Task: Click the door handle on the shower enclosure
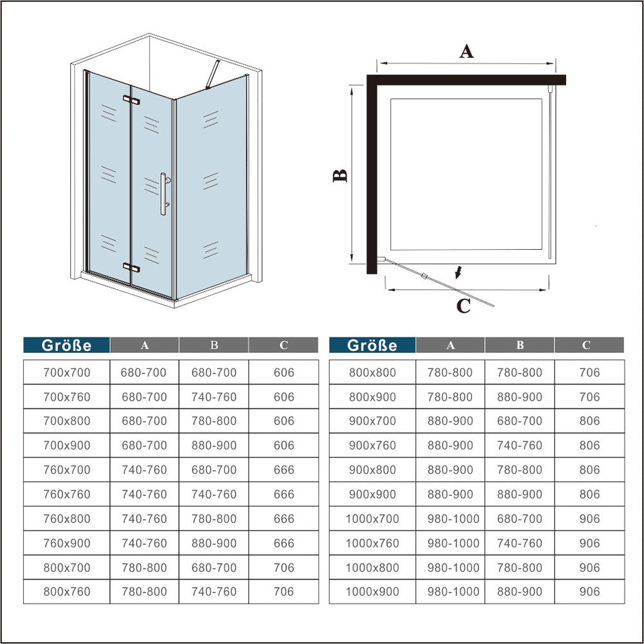tap(164, 193)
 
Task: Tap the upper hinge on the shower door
tap(131, 99)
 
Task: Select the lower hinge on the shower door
tap(131, 267)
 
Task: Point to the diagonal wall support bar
tap(213, 74)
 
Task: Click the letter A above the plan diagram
tap(466, 52)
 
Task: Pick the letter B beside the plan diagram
tap(339, 176)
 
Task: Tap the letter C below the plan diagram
tap(463, 306)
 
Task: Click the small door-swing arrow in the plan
tap(459, 272)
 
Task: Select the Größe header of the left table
tap(66, 345)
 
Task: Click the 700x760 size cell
tap(67, 397)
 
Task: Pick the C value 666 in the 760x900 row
tap(284, 543)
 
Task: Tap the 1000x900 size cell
tap(372, 591)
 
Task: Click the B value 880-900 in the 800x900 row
tap(520, 397)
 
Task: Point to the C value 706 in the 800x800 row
tap(590, 372)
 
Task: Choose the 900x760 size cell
tap(372, 445)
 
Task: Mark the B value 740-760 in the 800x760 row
tap(214, 591)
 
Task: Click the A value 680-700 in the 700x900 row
tap(144, 445)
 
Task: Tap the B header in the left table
tap(214, 345)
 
